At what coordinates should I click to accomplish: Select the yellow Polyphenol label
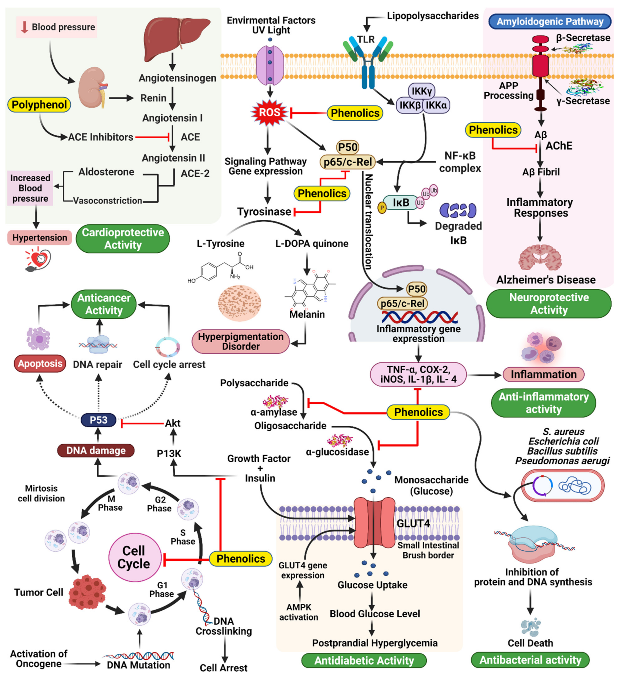point(39,105)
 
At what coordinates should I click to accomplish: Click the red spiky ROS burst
point(269,112)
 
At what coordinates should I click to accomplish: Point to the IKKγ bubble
point(421,91)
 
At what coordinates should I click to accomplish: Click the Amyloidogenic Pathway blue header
point(550,22)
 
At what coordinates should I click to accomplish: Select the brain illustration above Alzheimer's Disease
point(540,258)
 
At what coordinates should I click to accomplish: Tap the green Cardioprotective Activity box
point(123,239)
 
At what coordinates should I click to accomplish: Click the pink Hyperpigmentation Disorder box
point(241,341)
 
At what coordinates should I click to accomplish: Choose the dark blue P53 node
point(98,420)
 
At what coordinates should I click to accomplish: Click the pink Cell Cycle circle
point(135,557)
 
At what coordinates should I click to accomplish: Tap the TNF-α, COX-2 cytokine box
point(418,374)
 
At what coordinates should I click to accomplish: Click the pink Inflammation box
point(543,374)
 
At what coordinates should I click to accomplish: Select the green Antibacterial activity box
point(530,660)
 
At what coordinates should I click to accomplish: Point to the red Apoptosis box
point(40,363)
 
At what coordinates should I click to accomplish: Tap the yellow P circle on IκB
point(382,208)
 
